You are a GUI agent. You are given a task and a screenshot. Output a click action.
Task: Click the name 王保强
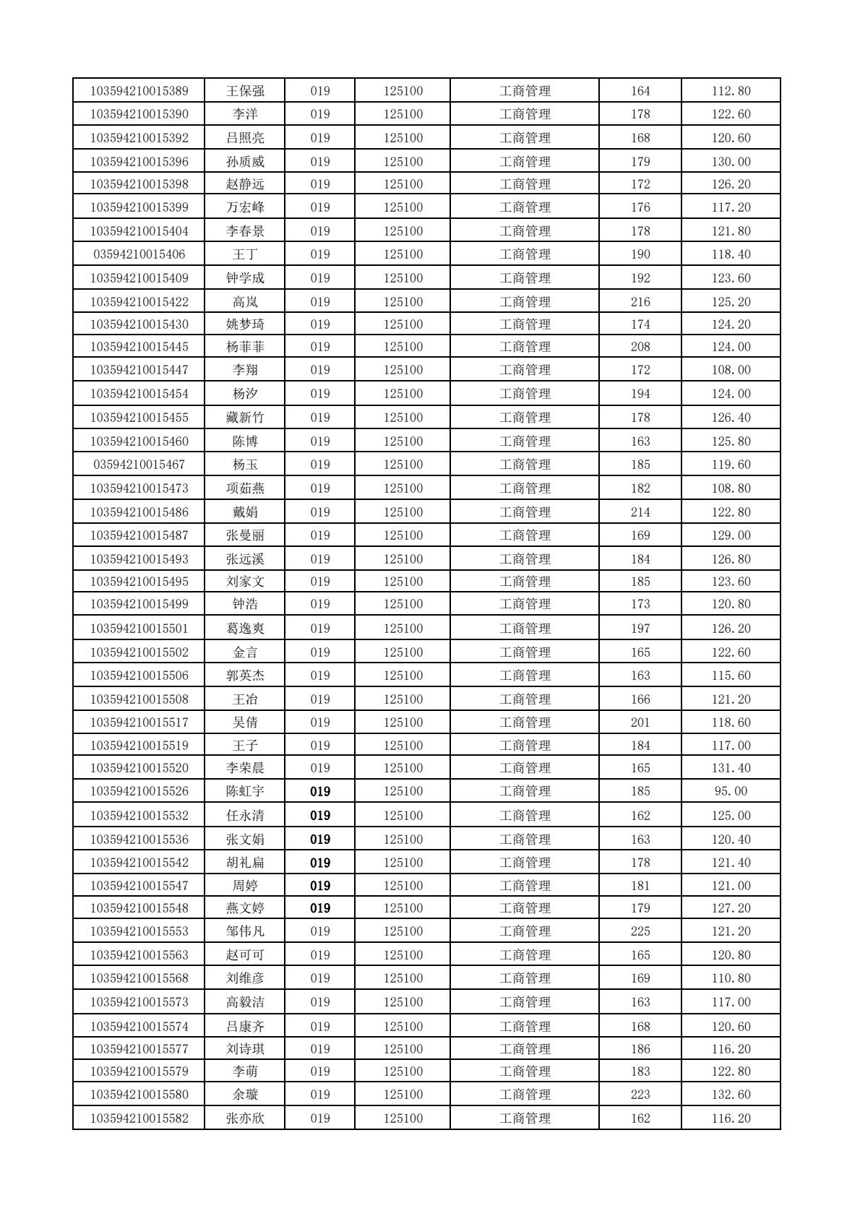245,91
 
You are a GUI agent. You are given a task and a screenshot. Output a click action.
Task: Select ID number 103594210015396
139,162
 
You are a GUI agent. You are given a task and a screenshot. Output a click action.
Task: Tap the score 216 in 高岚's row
640,302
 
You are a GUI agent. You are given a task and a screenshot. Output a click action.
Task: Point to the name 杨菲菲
245,347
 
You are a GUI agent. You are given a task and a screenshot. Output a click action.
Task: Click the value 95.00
731,791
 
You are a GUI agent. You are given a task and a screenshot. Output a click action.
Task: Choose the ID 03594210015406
139,254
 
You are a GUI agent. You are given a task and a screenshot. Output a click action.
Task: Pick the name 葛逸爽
245,629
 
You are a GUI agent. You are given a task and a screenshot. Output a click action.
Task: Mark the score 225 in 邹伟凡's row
640,931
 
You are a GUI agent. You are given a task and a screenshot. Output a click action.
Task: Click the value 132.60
731,1095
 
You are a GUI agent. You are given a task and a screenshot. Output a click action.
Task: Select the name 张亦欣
245,1118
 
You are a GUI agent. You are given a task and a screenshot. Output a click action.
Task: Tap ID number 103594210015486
139,512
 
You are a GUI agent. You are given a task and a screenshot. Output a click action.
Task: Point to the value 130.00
731,162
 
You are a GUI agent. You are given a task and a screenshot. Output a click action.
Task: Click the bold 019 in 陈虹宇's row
320,792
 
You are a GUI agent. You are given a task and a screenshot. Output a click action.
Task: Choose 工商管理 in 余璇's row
525,1095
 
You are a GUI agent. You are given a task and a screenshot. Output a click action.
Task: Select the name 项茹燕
245,488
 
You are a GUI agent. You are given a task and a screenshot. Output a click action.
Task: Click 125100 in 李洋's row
403,114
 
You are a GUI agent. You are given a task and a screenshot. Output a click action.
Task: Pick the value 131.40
731,768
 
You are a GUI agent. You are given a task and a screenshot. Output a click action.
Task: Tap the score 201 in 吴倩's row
640,723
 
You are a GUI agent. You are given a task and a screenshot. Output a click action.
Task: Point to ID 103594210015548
139,908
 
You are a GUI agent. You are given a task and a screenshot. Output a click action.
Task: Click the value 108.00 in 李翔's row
731,370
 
